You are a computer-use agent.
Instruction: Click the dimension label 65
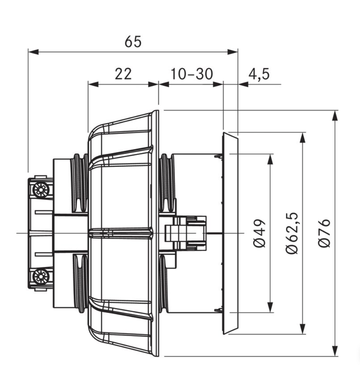tap(133, 41)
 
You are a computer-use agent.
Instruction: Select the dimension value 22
tap(123, 74)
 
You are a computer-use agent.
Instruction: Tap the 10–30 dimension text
tap(192, 74)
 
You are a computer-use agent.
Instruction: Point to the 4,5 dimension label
tap(259, 74)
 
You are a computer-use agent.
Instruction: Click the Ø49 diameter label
tap(259, 233)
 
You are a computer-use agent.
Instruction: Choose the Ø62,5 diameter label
tap(292, 233)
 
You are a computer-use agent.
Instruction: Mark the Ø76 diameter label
tap(325, 233)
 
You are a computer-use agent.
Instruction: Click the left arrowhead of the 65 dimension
tap(34, 52)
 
